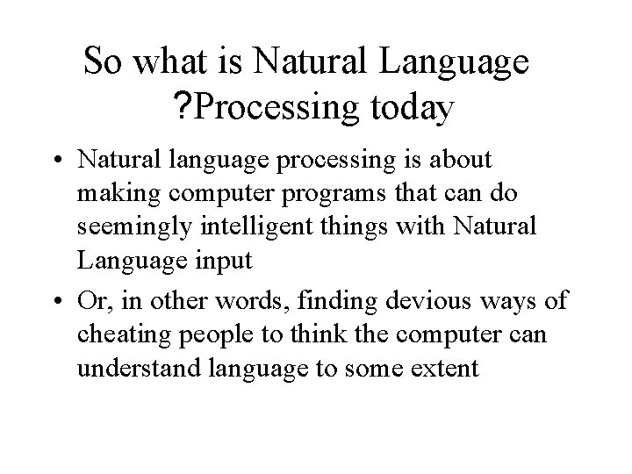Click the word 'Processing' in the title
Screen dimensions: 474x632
point(275,110)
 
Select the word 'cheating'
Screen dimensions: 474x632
point(118,336)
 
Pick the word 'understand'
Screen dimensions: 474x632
point(140,370)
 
